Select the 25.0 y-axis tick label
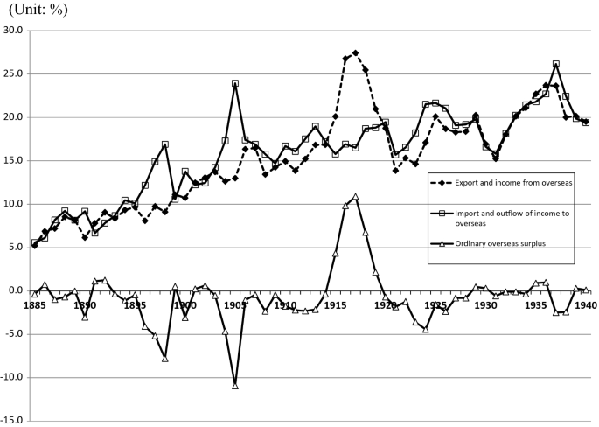tap(15, 73)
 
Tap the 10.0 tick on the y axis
tap(15, 204)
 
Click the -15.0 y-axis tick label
tap(14, 421)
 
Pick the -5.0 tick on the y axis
tap(16, 334)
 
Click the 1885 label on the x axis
tap(35, 306)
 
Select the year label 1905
tap(235, 306)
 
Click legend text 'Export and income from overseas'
tap(513, 182)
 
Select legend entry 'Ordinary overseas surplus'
tap(502, 242)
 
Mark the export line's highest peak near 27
tap(355, 53)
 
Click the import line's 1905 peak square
tap(235, 84)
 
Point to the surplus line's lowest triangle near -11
tap(235, 386)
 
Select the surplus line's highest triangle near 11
tap(355, 196)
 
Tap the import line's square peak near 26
tap(555, 64)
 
